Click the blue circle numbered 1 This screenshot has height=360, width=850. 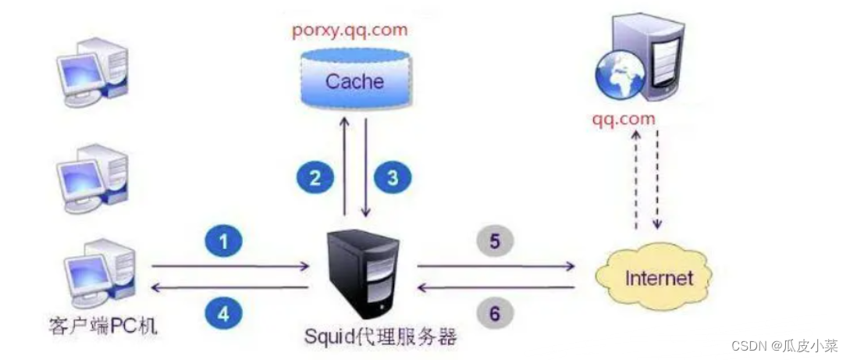click(x=224, y=243)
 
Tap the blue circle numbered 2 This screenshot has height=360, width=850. click(x=315, y=177)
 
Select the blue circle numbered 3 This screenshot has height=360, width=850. click(x=393, y=177)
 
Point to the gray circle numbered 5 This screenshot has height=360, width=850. click(x=494, y=242)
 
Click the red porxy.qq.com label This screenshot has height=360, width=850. click(x=350, y=32)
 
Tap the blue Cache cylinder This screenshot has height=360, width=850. click(x=355, y=80)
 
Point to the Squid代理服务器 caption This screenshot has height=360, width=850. click(x=380, y=339)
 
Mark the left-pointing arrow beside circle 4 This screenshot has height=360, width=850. click(x=229, y=288)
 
